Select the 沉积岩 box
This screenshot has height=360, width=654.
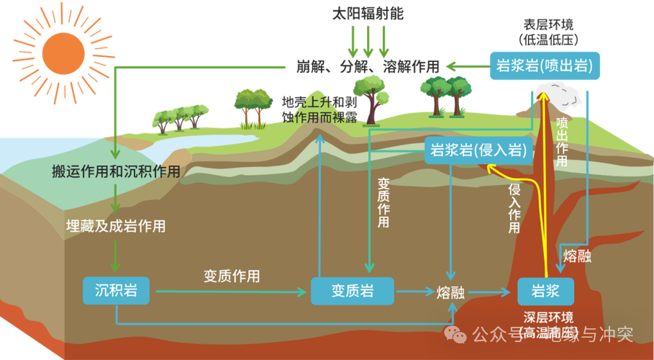(x=116, y=291)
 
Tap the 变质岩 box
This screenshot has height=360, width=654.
(x=353, y=291)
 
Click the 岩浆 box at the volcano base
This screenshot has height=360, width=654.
(x=545, y=291)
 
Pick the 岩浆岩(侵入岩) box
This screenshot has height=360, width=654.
(x=478, y=150)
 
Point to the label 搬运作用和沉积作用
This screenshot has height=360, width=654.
(x=115, y=172)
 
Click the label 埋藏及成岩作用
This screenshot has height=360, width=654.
(x=115, y=226)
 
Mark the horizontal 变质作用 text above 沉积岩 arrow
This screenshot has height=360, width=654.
(x=232, y=276)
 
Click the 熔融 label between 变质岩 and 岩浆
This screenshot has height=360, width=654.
(x=450, y=292)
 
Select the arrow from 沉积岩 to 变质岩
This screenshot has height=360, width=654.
(x=230, y=292)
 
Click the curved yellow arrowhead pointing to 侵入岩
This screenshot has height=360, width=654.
(x=491, y=167)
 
